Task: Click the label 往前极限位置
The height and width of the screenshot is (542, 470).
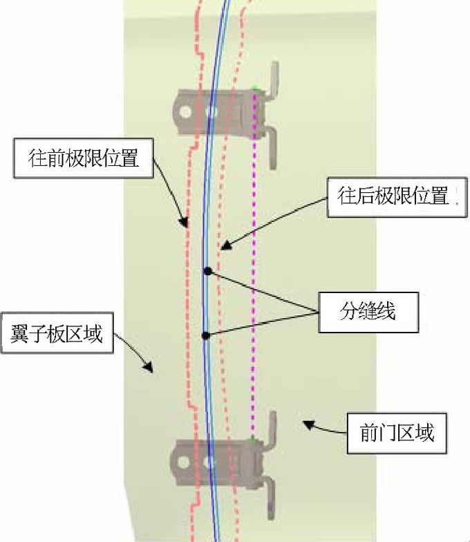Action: point(84,158)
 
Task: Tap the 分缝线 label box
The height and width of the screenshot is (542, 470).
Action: point(368,312)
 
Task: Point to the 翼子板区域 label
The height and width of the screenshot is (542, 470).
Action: point(57,335)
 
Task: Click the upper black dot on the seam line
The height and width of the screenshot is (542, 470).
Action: point(207,271)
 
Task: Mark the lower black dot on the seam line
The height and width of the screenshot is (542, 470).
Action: point(205,336)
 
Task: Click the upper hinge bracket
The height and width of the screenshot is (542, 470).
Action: point(228,111)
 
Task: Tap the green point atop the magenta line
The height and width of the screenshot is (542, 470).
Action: point(254,88)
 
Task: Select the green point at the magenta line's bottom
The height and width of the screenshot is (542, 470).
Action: point(254,438)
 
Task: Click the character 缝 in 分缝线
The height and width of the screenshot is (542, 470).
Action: point(368,312)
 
